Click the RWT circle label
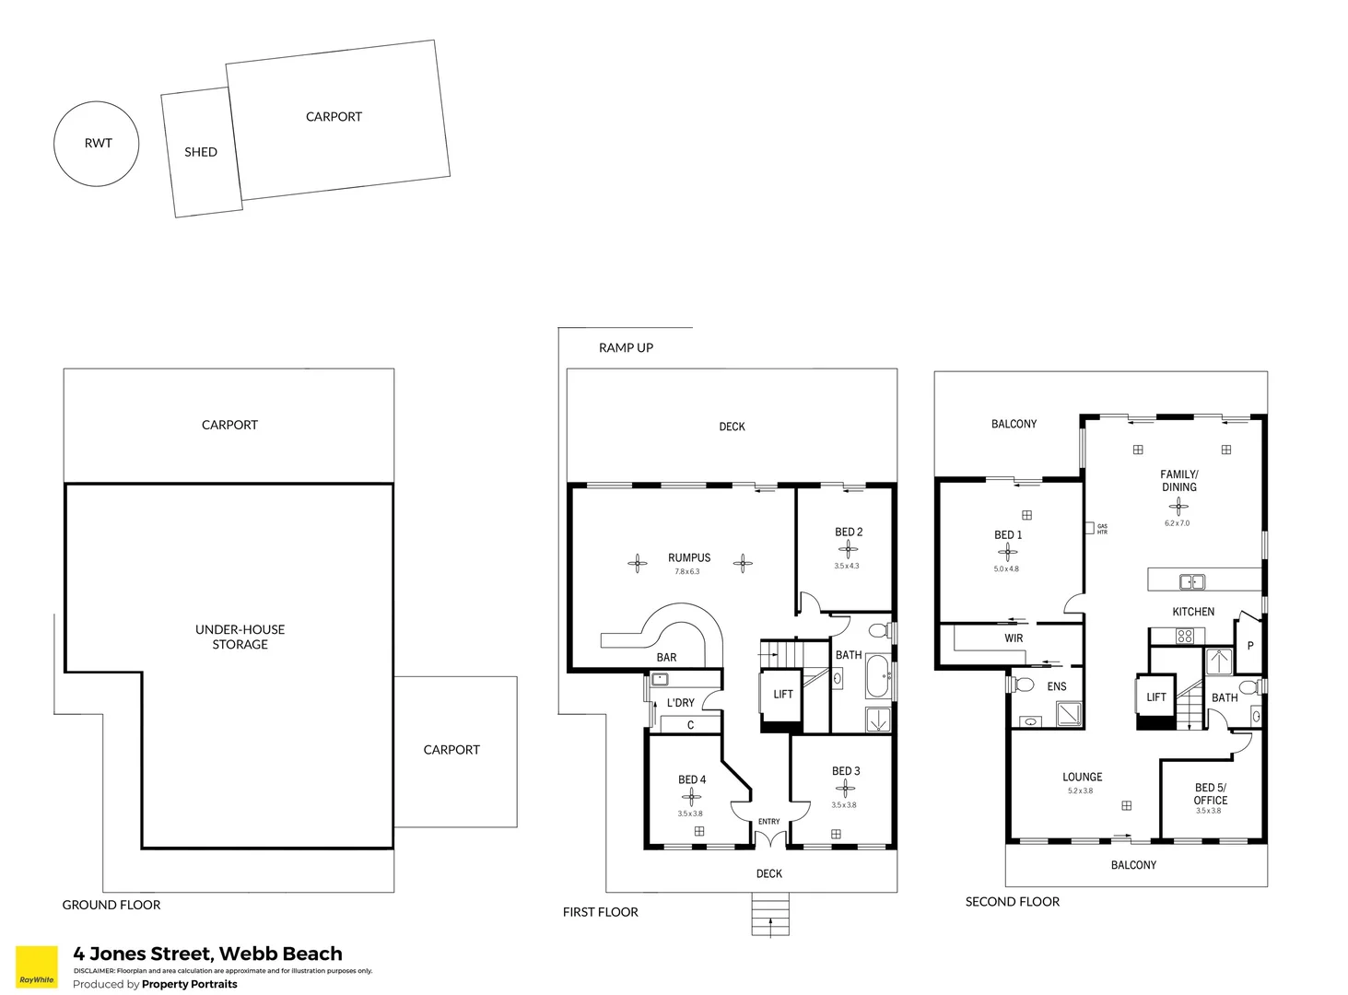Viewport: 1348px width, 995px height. pos(98,143)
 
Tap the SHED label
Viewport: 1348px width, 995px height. pos(201,152)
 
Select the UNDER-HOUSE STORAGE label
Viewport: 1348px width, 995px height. pos(240,637)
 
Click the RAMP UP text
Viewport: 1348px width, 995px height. pos(626,347)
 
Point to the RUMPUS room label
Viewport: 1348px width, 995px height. pos(689,557)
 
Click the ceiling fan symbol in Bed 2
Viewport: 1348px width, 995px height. pos(849,549)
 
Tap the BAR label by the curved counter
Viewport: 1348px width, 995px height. pos(666,657)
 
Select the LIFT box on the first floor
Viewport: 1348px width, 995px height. pos(782,696)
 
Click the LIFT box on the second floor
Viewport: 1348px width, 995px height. pos(1155,698)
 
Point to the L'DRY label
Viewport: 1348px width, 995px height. pos(681,703)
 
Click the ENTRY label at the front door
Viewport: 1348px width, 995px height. pos(768,822)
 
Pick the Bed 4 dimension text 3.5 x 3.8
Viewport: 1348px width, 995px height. pos(690,814)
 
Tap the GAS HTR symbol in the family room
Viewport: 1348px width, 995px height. pos(1090,528)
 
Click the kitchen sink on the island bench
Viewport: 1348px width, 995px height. pos(1192,581)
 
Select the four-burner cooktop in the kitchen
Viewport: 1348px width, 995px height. pos(1185,636)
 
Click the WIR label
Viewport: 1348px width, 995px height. pos(1014,638)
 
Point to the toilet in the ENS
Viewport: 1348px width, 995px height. pos(1023,685)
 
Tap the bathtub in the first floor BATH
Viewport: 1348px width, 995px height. pos(877,677)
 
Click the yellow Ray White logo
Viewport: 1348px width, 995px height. pos(37,967)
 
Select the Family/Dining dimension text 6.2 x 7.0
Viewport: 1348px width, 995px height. pos(1177,523)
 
